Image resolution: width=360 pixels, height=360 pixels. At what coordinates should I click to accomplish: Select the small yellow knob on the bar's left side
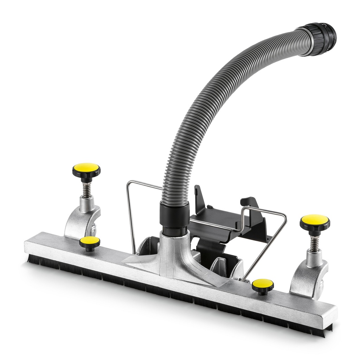pyautogui.click(x=89, y=242)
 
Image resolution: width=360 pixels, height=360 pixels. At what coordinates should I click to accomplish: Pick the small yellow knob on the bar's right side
pyautogui.click(x=263, y=284)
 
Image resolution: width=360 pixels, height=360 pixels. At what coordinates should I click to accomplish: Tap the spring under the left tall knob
pyautogui.click(x=87, y=189)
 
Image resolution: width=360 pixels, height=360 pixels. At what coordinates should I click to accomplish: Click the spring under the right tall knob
pyautogui.click(x=314, y=243)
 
